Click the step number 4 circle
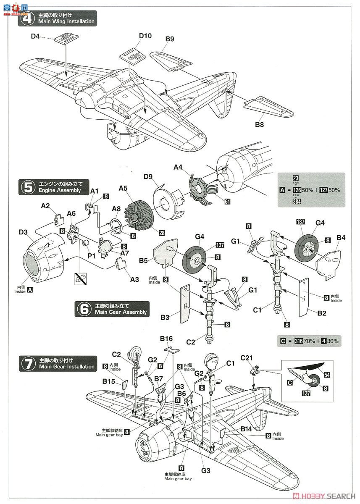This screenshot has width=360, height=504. tap(28, 18)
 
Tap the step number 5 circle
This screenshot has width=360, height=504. tap(28, 187)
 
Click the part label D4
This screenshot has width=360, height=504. tap(35, 37)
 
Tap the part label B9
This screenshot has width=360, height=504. tap(169, 39)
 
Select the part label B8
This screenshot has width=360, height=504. tap(261, 124)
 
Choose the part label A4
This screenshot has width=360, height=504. tap(179, 167)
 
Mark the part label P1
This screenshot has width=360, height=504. tap(91, 255)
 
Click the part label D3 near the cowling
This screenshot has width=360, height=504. tap(23, 231)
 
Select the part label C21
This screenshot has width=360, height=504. tap(247, 357)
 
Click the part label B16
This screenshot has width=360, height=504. tap(166, 339)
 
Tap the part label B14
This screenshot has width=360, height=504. tap(247, 429)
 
